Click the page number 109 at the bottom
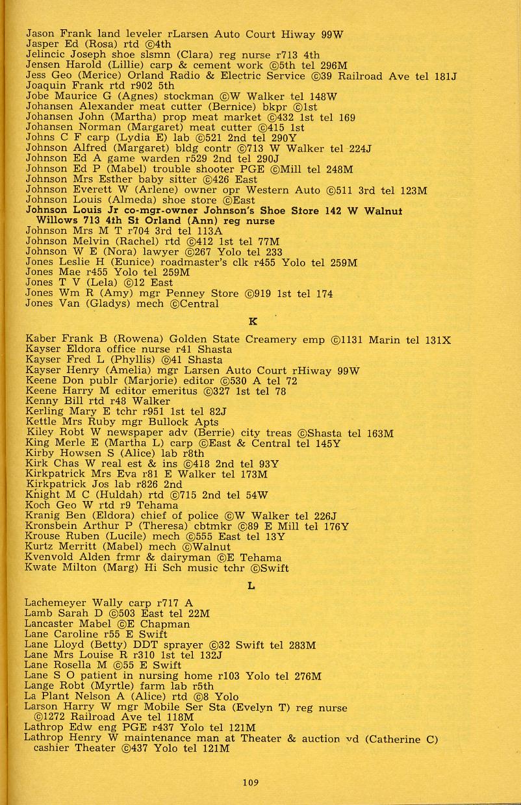point(251,783)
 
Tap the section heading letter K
point(253,321)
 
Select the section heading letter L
point(251,585)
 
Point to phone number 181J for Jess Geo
point(446,76)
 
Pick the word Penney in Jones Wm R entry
point(194,294)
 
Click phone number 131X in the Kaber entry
point(438,339)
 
